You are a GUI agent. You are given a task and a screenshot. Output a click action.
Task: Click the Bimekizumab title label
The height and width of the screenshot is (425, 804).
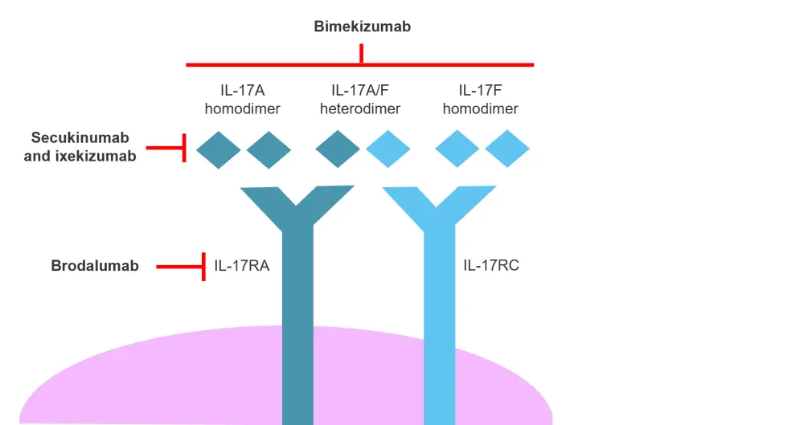[x=362, y=27]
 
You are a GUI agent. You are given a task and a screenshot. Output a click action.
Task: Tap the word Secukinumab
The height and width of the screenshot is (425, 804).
[x=80, y=138]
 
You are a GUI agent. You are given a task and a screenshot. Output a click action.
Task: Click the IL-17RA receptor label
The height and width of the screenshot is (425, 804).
[x=242, y=265]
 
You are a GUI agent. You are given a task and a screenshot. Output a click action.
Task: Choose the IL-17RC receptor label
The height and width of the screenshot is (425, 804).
[x=491, y=265]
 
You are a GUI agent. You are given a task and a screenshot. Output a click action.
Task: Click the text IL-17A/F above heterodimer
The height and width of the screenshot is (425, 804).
[x=365, y=90]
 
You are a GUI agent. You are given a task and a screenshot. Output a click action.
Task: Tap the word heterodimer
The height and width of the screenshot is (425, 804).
[x=365, y=108]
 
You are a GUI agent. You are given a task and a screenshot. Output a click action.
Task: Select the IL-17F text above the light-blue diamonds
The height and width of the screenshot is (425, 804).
[x=481, y=90]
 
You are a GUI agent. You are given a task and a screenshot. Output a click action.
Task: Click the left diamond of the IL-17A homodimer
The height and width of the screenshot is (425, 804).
[x=219, y=149]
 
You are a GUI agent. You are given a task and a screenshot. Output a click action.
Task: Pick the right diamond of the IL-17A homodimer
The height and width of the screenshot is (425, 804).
[x=269, y=149]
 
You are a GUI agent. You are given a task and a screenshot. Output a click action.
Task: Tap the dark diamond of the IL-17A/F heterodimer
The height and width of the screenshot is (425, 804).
[x=338, y=149]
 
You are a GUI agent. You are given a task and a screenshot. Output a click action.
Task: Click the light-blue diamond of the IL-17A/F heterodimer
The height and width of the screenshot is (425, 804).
[x=388, y=149]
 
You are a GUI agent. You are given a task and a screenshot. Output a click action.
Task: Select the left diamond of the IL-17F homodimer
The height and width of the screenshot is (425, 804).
[x=457, y=149]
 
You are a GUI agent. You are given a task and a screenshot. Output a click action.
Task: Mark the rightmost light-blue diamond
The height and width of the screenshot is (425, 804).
[x=507, y=149]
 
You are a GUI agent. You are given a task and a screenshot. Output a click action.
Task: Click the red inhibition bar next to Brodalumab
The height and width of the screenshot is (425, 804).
[x=204, y=266]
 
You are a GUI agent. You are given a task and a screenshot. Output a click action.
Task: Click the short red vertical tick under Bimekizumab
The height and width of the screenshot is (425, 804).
[x=362, y=54]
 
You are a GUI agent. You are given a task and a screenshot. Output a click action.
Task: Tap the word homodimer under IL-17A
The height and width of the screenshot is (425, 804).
[x=243, y=108]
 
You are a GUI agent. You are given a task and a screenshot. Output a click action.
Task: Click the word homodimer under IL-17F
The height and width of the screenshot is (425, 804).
[x=481, y=108]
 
